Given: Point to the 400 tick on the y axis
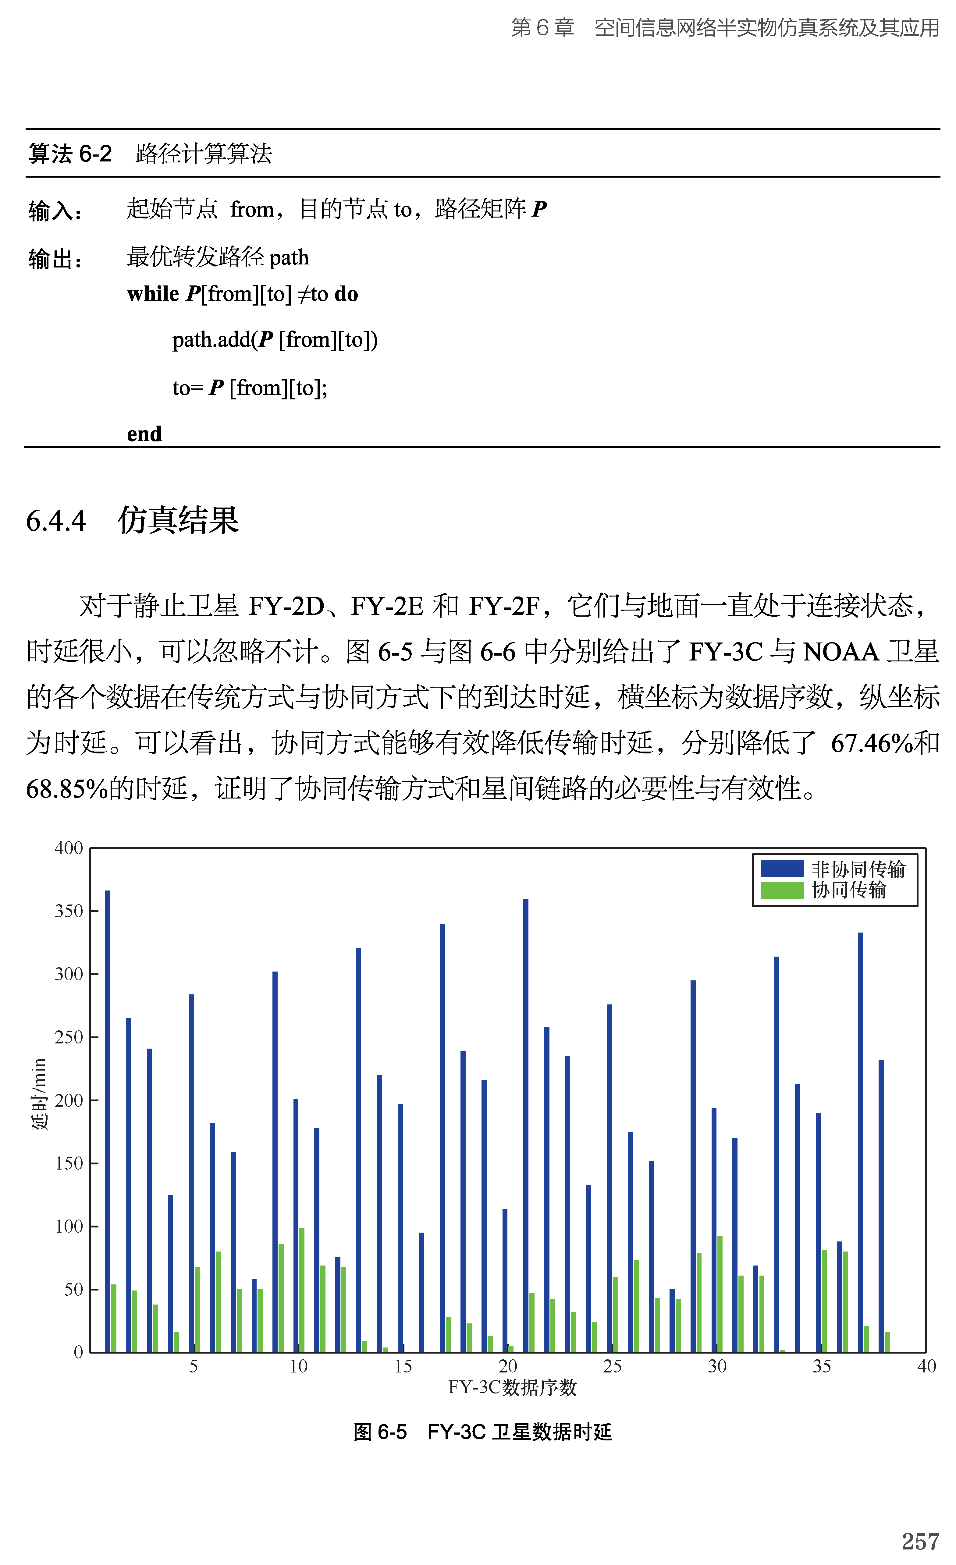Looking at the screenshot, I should (69, 848).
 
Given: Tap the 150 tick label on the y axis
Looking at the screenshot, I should (69, 1163).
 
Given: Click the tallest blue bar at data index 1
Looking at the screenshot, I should (108, 1118).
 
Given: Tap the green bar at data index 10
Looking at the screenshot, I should (302, 1289).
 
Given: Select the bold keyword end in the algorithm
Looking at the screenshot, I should (144, 434).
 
